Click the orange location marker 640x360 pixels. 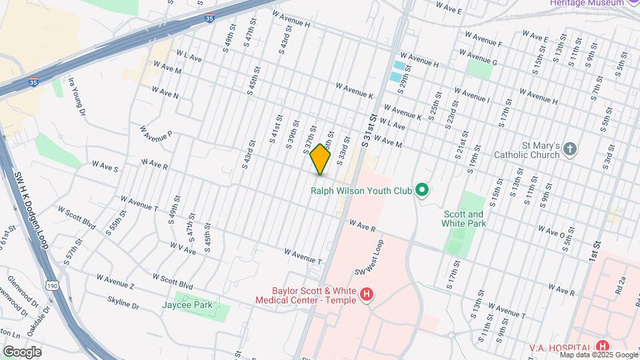point(321,159)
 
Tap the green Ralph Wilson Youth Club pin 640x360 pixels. point(421,191)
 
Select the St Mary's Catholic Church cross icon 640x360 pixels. point(569,149)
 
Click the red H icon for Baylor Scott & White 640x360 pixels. point(365,294)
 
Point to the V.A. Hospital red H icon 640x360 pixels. point(603,346)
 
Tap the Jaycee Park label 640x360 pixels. point(187,305)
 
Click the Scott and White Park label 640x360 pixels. point(464,219)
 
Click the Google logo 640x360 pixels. point(21,351)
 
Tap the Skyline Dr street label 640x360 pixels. point(123,303)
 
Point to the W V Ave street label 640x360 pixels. point(183,248)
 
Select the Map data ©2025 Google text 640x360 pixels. point(597,355)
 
